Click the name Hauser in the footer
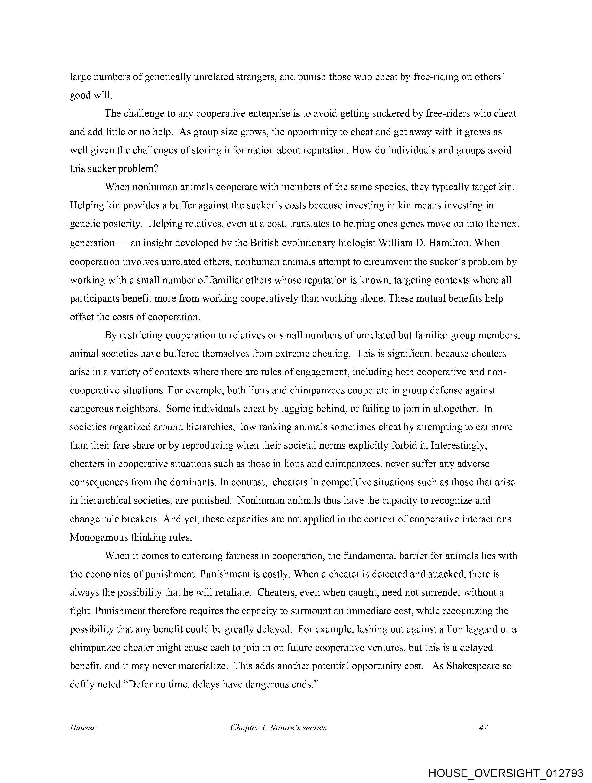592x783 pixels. (82, 728)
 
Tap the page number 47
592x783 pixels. (483, 728)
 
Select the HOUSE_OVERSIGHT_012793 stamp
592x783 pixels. (506, 773)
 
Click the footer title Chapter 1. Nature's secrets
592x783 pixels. (278, 728)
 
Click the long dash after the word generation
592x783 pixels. (122, 243)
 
